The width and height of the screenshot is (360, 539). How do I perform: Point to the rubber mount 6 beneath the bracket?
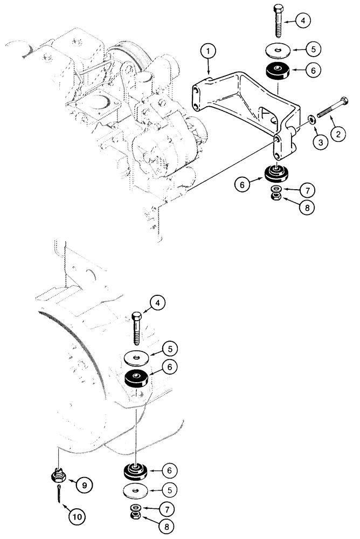coord(276,174)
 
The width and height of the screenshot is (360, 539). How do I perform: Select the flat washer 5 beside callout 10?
coord(136,491)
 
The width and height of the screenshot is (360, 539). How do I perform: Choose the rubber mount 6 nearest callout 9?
coord(136,472)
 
